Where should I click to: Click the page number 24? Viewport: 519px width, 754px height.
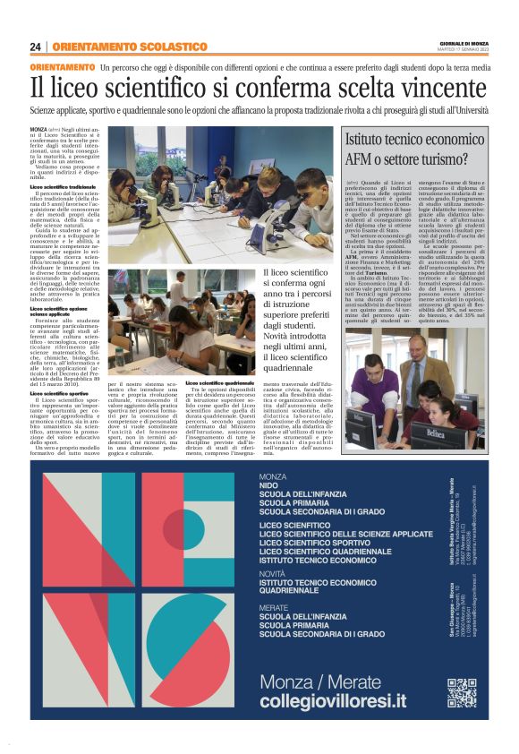[36, 47]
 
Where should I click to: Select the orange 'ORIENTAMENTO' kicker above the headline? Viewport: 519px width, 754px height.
[62, 68]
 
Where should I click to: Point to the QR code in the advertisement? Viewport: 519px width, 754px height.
[462, 692]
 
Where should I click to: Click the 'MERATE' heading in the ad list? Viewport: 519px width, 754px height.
[274, 607]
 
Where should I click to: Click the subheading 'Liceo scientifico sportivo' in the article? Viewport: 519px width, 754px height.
[62, 393]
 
